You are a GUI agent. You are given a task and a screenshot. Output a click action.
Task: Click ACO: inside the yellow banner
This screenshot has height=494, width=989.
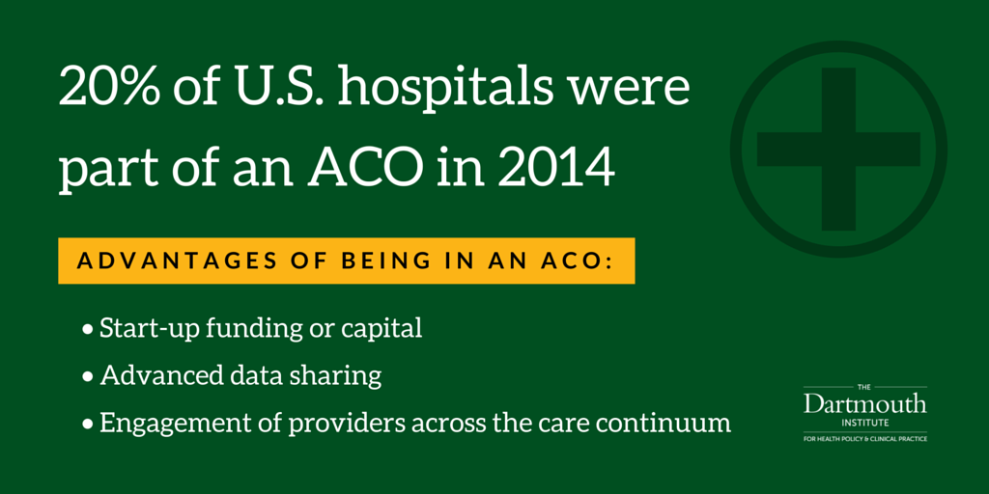[578, 261]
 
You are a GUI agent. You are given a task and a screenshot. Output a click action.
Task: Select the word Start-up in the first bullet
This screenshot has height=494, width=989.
[144, 328]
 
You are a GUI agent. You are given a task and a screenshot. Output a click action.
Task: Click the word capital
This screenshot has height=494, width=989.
[381, 329]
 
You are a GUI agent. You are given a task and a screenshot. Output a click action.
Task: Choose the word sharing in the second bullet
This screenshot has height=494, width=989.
[341, 376]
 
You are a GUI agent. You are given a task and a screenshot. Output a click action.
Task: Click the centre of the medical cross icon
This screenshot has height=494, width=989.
[838, 149]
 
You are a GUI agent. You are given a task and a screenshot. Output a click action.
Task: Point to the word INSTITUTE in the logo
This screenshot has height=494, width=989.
[864, 423]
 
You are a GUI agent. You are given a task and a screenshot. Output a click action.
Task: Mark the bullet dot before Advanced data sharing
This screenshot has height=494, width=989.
[89, 376]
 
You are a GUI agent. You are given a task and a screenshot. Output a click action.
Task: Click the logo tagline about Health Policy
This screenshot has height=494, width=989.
[864, 438]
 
